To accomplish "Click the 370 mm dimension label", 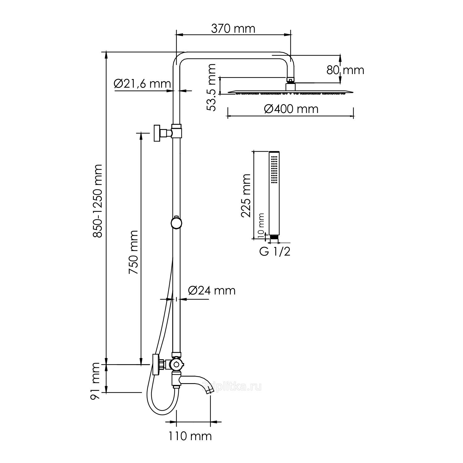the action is coord(233,29).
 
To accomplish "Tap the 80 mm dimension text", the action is coord(345,70).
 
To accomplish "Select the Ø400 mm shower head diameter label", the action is coord(291,109).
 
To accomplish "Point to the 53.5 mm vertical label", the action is coord(211,87).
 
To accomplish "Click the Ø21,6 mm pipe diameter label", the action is coord(142,83).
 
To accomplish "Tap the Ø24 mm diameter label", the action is coord(212,290).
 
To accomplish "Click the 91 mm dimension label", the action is coord(95,382).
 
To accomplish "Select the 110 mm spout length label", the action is coord(190,436).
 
